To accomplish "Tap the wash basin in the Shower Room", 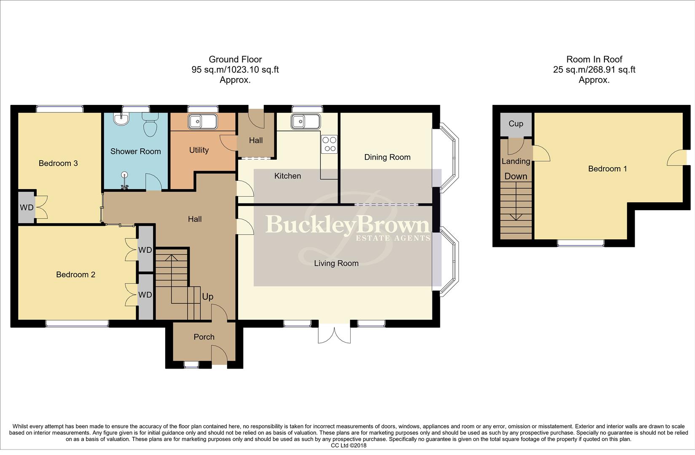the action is (x=121, y=119).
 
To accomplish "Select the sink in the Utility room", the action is (x=203, y=122).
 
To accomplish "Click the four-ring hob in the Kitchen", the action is (x=329, y=144).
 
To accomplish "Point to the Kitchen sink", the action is (x=305, y=122).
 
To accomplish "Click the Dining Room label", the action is (x=387, y=157).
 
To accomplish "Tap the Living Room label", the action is (x=336, y=263).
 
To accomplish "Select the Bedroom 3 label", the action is (x=58, y=163).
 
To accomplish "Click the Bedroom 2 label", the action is (x=75, y=275).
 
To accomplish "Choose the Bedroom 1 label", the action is (x=607, y=169).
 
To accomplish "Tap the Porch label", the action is (x=204, y=337).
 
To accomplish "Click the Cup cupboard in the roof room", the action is (x=516, y=124).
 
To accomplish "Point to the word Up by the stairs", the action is (x=207, y=297).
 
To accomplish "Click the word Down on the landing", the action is (x=515, y=177).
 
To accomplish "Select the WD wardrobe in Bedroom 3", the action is (x=27, y=207).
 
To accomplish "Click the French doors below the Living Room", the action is (x=335, y=333).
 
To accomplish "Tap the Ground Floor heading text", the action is (x=235, y=70).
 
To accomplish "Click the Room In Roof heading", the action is (x=594, y=70).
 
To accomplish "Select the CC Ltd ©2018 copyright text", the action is (x=349, y=446).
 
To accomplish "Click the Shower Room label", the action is (x=136, y=151).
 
